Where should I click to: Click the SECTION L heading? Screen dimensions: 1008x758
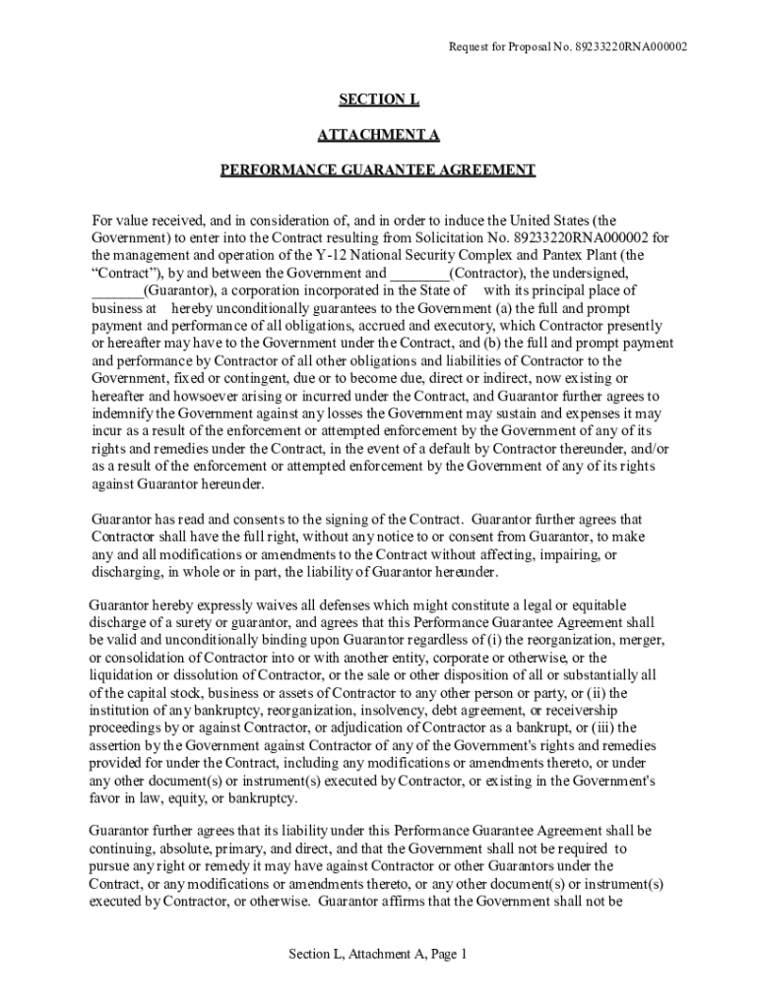point(378,99)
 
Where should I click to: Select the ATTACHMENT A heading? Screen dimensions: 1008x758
point(378,135)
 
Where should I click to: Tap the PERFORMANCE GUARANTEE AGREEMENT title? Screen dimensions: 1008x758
point(378,170)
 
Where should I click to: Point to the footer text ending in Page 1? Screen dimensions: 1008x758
point(378,954)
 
